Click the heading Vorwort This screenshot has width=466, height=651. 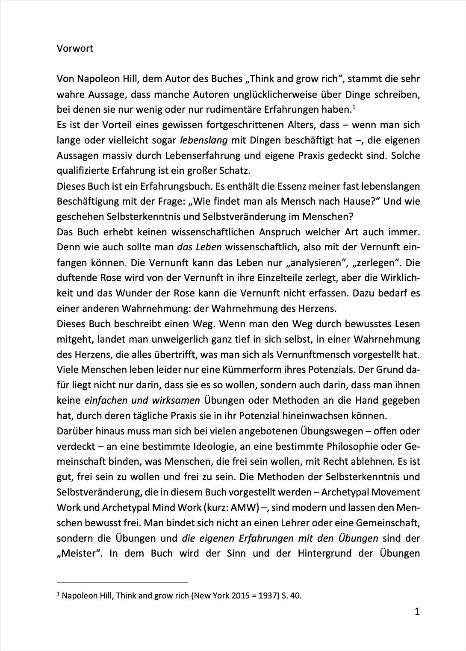coord(75,48)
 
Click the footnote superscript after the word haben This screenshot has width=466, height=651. coord(354,106)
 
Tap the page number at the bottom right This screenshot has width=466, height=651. coord(417,612)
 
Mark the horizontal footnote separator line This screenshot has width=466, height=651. coord(122,581)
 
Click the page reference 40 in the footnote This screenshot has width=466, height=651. coord(295,596)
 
